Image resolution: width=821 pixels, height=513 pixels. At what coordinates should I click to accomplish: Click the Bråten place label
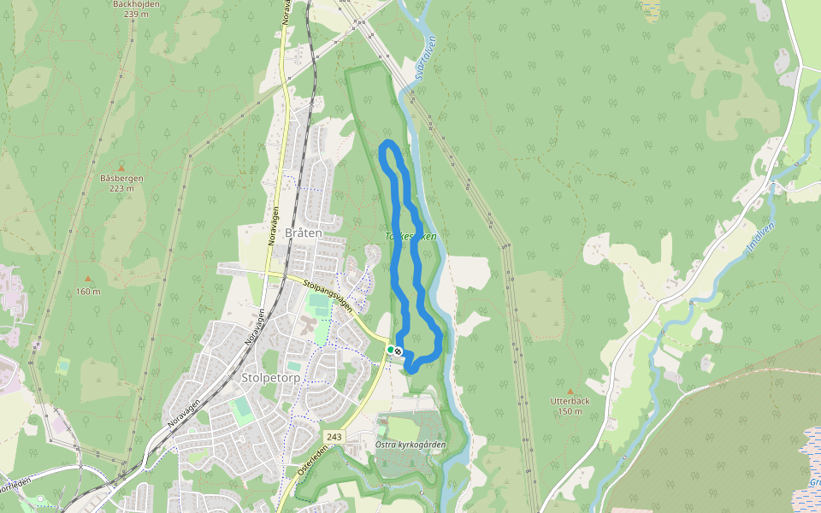click(x=304, y=233)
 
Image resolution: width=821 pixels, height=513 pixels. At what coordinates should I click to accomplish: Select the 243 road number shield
click(x=334, y=437)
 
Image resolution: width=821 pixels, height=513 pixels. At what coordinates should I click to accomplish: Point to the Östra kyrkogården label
click(x=410, y=445)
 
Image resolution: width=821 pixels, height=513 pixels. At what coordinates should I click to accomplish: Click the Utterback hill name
click(x=571, y=401)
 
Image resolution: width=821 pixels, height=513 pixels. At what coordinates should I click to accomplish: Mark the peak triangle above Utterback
click(x=570, y=391)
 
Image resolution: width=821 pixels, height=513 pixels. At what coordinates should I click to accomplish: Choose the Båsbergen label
click(x=121, y=178)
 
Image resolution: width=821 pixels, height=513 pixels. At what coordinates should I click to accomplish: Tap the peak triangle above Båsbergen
click(x=121, y=168)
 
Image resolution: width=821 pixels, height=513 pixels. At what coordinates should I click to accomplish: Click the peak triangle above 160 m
click(x=87, y=280)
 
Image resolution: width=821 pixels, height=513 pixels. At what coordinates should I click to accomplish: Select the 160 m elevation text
click(x=87, y=292)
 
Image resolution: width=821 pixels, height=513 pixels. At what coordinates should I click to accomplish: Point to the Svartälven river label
click(x=425, y=58)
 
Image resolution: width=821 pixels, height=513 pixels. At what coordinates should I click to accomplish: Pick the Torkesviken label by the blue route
click(x=410, y=236)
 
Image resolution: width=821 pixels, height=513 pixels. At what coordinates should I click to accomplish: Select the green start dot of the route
click(x=391, y=350)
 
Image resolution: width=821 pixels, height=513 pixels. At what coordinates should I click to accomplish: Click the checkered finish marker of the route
click(x=399, y=351)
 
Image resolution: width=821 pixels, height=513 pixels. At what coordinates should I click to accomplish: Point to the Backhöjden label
click(x=136, y=4)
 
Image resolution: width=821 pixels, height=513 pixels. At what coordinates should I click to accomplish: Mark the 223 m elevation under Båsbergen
click(x=121, y=188)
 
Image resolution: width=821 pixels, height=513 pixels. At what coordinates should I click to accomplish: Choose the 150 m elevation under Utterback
click(x=570, y=411)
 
